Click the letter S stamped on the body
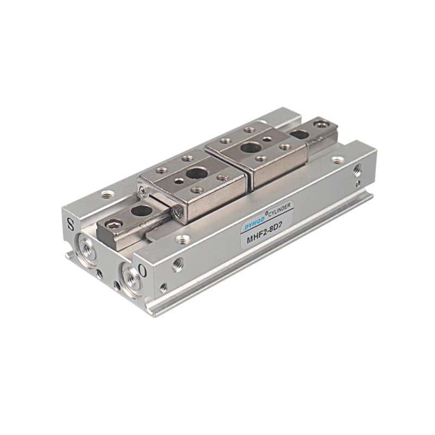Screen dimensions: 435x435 [70, 222]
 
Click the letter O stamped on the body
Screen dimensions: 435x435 [142, 269]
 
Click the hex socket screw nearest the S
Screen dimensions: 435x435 [114, 223]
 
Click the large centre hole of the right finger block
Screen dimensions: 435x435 [251, 147]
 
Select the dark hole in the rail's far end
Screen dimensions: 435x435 [299, 134]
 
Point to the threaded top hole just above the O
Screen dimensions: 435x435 [183, 239]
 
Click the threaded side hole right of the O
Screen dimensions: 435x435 [178, 265]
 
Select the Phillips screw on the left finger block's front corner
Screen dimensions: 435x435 [177, 212]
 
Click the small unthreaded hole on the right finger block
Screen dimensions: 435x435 [267, 139]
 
